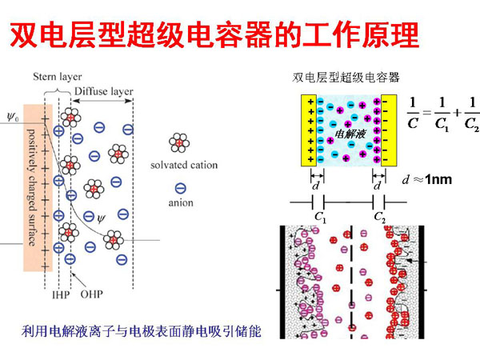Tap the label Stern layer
tap(58, 77)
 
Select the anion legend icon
tap(179, 189)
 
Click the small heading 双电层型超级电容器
tap(346, 78)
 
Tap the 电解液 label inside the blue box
tap(349, 133)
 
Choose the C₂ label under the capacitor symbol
tap(382, 216)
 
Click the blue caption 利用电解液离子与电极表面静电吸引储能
tap(142, 330)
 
